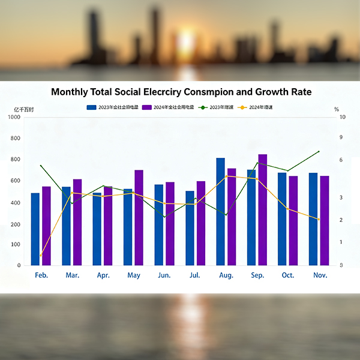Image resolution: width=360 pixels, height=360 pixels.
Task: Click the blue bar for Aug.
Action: pyautogui.click(x=220, y=211)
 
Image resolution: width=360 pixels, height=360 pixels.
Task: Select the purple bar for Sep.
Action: pyautogui.click(x=263, y=209)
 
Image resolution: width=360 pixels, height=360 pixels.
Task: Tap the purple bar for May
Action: pyautogui.click(x=139, y=217)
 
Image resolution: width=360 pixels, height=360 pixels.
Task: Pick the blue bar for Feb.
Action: pyautogui.click(x=35, y=229)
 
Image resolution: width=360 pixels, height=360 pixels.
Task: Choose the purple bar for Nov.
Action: pyautogui.click(x=325, y=220)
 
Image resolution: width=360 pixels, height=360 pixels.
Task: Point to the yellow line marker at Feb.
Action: pyautogui.click(x=41, y=256)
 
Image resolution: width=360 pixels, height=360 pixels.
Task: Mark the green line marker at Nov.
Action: pyautogui.click(x=318, y=152)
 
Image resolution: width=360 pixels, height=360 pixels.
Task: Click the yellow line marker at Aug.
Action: pyautogui.click(x=226, y=176)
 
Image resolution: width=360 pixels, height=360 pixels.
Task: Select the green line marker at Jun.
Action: pyautogui.click(x=164, y=217)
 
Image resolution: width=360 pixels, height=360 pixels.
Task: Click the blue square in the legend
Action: pyautogui.click(x=91, y=107)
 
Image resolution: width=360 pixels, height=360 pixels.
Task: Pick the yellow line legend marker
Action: pyautogui.click(x=242, y=107)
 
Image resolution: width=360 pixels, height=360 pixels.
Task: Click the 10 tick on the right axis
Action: pyautogui.click(x=342, y=117)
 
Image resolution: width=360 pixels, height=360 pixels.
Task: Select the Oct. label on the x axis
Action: pyautogui.click(x=288, y=275)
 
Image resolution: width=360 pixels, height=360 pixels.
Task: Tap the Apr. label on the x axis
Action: pyautogui.click(x=103, y=275)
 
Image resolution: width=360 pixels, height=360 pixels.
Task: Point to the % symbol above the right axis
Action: pyautogui.click(x=337, y=109)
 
